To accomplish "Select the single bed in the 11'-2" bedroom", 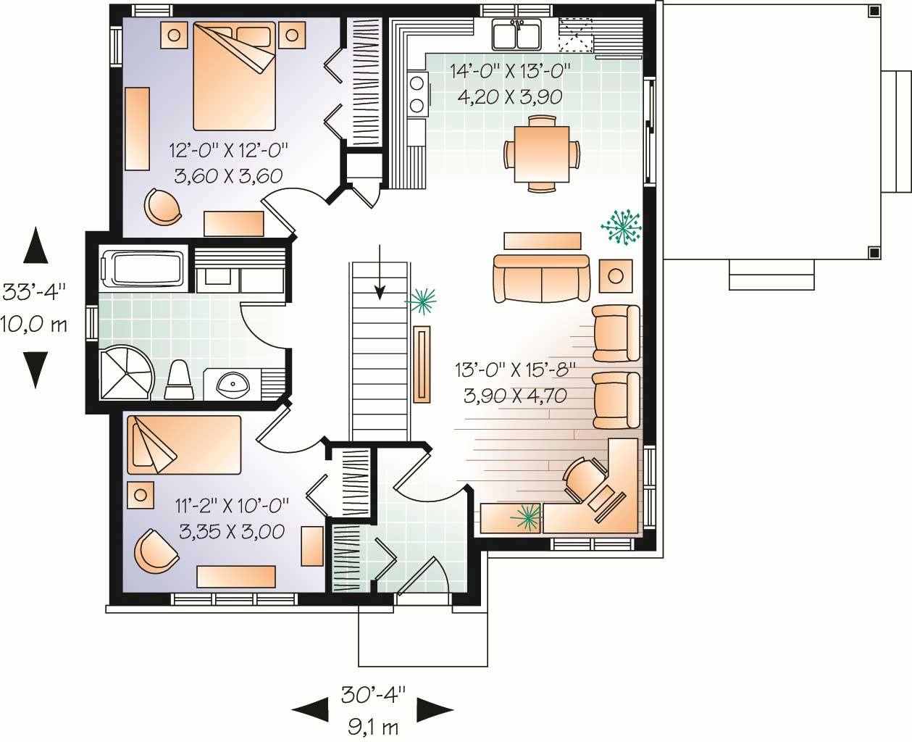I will [183, 446].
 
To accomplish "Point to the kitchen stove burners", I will [417, 94].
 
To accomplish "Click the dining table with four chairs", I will [541, 154].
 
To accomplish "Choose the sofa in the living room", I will [540, 278].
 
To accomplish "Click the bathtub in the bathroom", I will [145, 267].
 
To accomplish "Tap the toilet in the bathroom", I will [178, 380].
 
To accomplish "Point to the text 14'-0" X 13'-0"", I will [511, 71].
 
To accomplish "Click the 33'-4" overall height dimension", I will [34, 291].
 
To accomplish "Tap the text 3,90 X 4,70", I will [514, 396].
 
